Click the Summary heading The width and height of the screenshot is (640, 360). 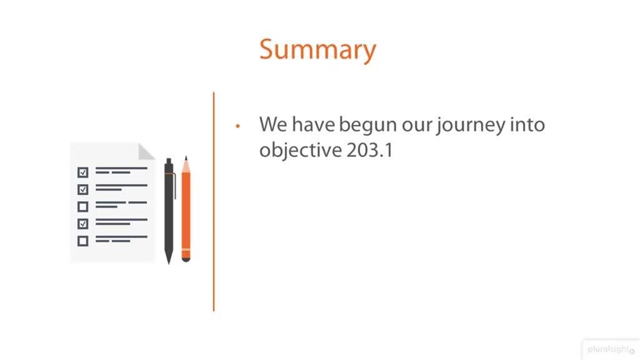[317, 50]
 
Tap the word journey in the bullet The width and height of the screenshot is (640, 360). [470, 125]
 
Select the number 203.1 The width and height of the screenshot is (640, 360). [370, 150]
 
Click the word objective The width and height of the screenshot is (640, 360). [300, 150]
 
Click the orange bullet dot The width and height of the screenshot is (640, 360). [237, 125]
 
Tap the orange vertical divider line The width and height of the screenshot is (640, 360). [213, 201]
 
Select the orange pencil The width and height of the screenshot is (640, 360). [186, 209]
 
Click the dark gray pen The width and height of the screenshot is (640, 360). [169, 211]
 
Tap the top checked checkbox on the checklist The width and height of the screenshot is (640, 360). [83, 172]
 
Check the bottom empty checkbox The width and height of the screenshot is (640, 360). [83, 241]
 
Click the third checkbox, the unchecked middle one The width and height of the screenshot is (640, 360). [83, 206]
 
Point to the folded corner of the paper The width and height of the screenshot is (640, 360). [145, 152]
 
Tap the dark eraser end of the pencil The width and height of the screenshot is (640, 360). [186, 259]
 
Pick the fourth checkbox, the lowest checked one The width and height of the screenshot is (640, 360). [83, 223]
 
